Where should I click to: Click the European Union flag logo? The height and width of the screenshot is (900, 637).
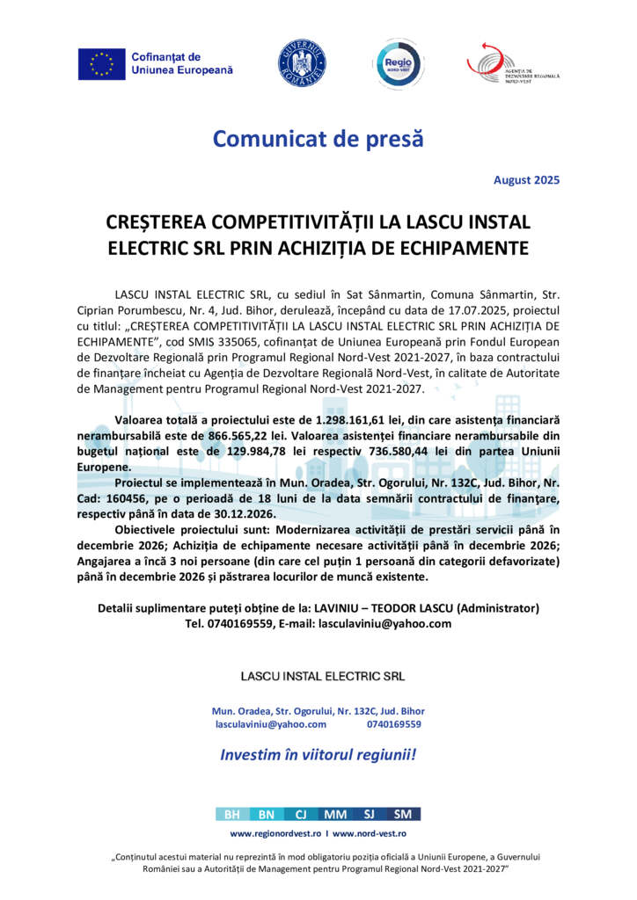click(x=101, y=63)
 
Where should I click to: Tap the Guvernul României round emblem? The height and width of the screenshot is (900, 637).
click(x=302, y=62)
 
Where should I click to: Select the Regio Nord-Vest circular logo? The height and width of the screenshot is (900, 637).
click(x=396, y=62)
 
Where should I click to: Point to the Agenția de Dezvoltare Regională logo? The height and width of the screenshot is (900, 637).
click(x=513, y=62)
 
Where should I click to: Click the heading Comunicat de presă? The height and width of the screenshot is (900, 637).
click(x=318, y=138)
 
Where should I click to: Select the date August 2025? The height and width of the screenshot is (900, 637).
click(x=526, y=180)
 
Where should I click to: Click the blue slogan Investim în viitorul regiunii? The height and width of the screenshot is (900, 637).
click(x=318, y=754)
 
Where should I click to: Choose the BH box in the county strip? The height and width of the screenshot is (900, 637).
click(x=232, y=814)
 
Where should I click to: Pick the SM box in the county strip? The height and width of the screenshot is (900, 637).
click(x=403, y=814)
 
